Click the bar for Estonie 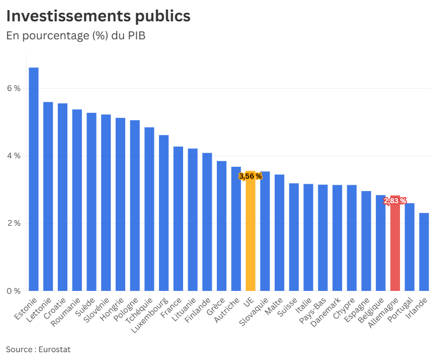(34, 180)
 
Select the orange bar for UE (251, 236)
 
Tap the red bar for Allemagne (395, 247)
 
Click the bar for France (178, 219)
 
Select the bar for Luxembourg (163, 213)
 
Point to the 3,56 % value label (251, 176)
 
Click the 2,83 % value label (395, 201)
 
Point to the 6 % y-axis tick (13, 88)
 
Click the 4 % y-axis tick (13, 156)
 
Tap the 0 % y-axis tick (13, 291)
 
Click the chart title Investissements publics (98, 16)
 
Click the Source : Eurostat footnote (38, 349)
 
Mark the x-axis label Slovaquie (255, 313)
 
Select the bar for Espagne (366, 241)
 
